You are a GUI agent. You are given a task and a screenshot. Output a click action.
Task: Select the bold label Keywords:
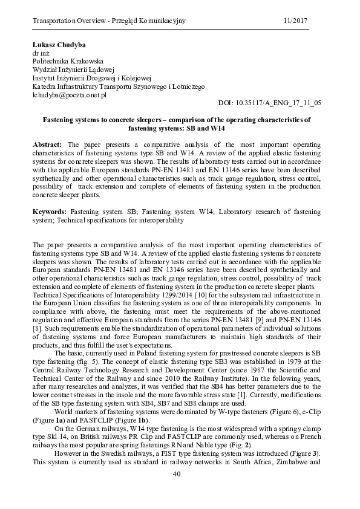pyautogui.click(x=50, y=213)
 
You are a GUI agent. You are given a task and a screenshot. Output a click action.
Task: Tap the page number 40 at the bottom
pyautogui.click(x=177, y=491)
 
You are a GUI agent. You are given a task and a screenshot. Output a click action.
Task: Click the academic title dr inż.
pyautogui.click(x=41, y=53)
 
